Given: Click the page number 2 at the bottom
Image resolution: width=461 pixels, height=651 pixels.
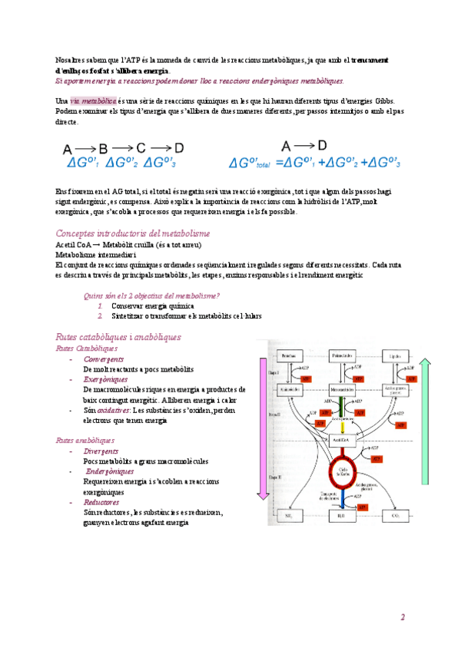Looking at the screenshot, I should pos(401,617).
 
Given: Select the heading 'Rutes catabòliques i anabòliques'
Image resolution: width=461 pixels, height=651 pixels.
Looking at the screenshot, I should pos(118,337).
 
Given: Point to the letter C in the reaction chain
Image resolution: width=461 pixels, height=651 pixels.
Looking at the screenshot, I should pos(141,148).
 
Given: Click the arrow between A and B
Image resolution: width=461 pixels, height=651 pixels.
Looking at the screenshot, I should pos(85,148).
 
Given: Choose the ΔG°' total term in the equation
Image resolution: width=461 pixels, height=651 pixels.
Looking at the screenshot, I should pos(250,163).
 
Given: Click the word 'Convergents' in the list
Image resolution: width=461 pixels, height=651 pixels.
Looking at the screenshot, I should pos(104,359).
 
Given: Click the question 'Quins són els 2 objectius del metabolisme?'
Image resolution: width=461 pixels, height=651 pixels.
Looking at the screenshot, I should pos(151,296).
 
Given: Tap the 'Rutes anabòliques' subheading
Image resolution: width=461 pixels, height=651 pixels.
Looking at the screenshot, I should pos(85,440).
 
